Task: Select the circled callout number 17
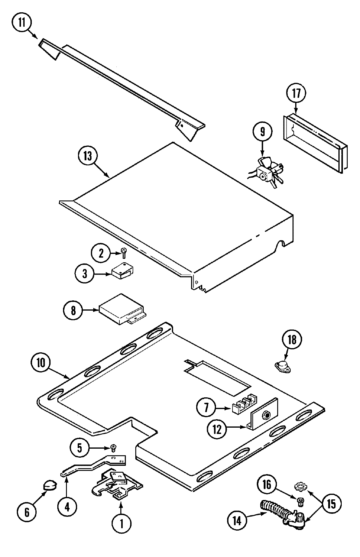coord(296,93)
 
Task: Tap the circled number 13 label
coord(88,157)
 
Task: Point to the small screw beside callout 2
coord(123,253)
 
